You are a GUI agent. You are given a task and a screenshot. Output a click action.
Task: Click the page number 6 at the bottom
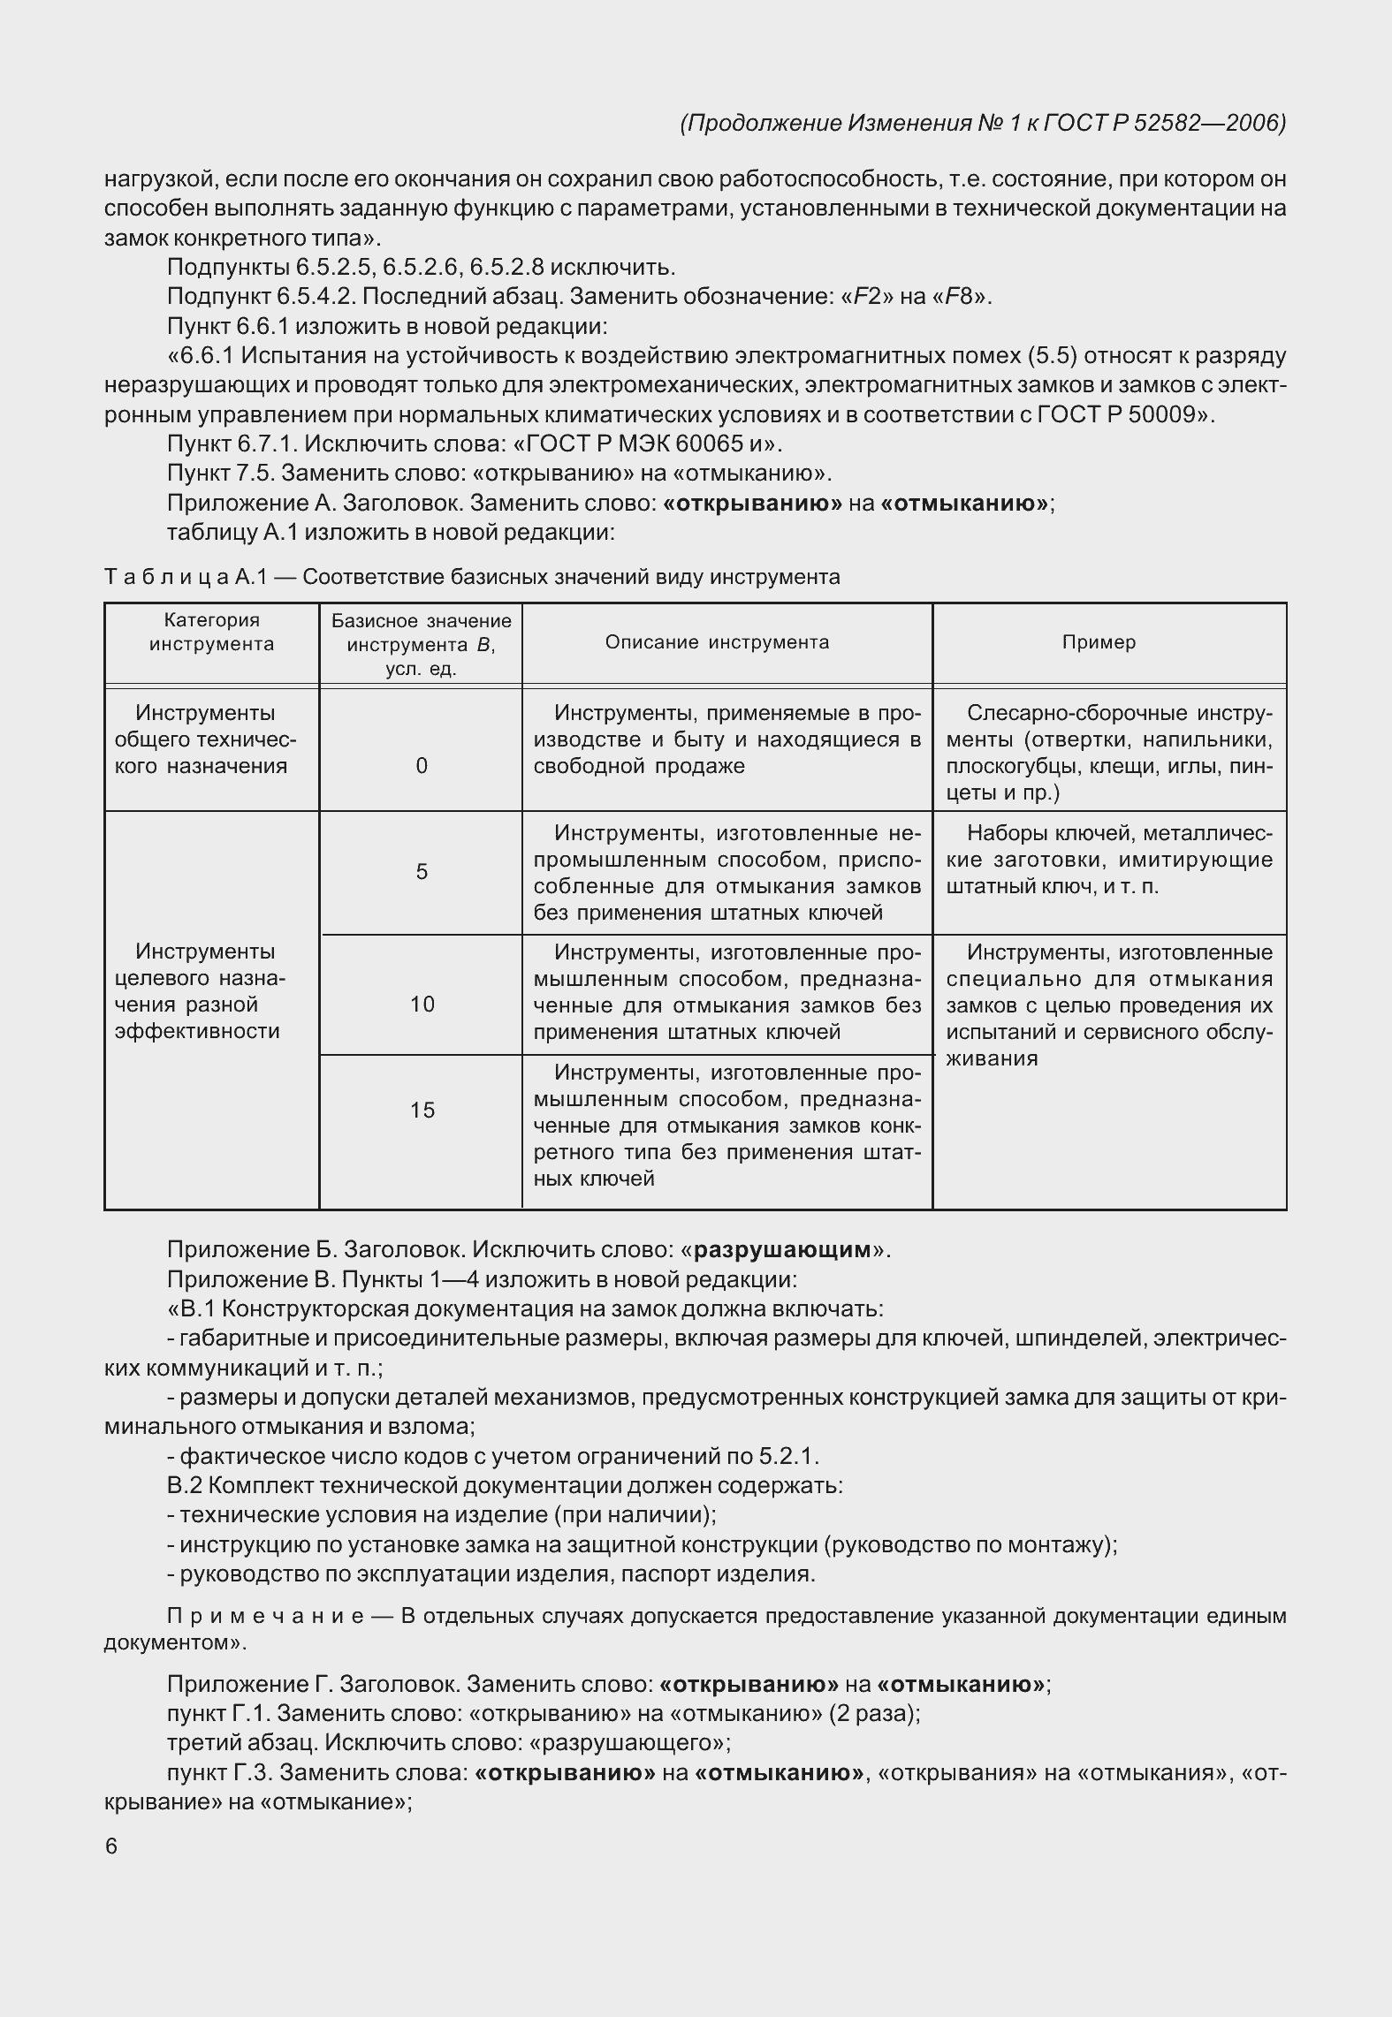[111, 1846]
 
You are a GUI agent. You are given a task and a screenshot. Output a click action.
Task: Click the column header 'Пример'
[1099, 642]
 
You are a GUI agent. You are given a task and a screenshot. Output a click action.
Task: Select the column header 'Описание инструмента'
[717, 642]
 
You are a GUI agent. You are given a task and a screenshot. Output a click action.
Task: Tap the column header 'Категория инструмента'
[211, 632]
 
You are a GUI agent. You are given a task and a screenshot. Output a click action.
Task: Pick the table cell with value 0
[422, 766]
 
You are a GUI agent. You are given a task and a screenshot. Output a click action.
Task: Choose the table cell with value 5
[422, 872]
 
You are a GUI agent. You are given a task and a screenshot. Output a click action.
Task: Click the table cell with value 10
[422, 1004]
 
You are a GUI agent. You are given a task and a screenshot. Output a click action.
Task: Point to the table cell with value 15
[422, 1110]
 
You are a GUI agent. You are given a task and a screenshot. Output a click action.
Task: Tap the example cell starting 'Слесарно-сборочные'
[1109, 752]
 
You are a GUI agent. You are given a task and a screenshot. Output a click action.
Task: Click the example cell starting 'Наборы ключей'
[1109, 859]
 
